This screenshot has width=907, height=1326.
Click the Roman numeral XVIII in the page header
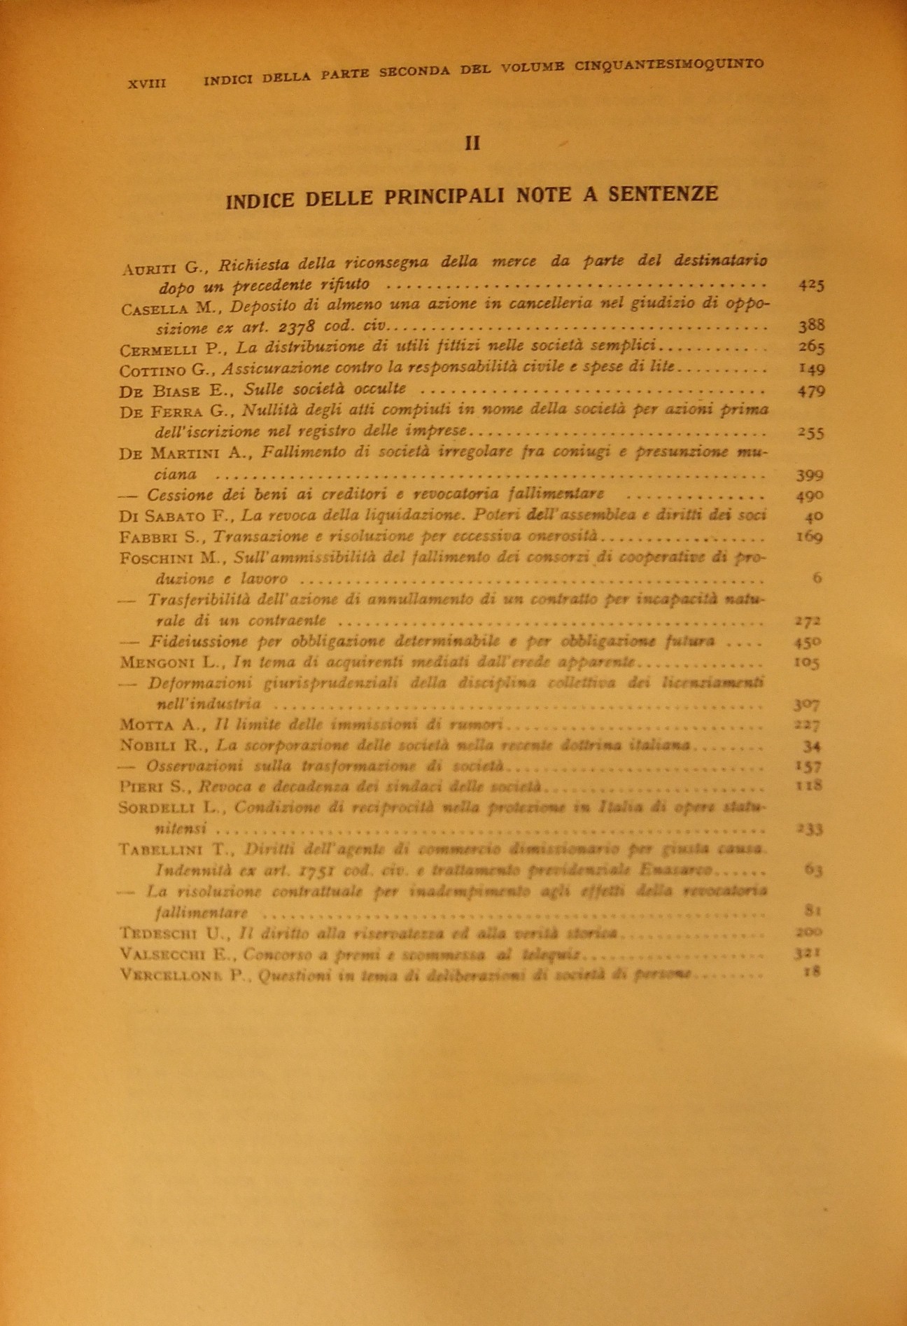tap(147, 82)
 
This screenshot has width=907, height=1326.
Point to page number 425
tap(811, 284)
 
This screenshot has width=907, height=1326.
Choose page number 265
tap(811, 347)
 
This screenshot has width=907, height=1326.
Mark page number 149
tap(811, 369)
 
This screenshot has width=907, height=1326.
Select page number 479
tap(811, 390)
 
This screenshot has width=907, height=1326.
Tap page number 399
tap(810, 475)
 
